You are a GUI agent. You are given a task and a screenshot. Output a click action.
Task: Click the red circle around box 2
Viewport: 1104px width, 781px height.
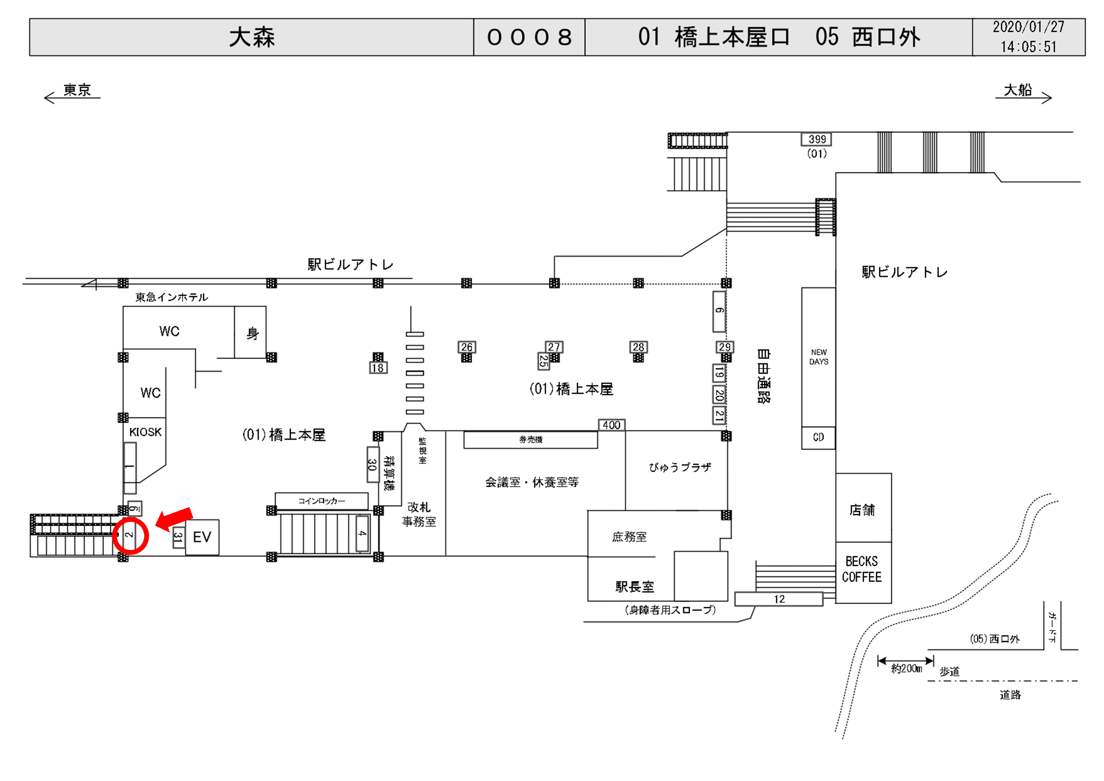(130, 536)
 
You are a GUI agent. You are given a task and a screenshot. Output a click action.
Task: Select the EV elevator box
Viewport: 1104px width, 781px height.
(202, 537)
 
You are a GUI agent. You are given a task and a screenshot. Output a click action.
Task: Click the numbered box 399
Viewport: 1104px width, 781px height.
(816, 140)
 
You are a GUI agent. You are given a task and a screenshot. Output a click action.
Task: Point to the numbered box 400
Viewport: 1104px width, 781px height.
(611, 425)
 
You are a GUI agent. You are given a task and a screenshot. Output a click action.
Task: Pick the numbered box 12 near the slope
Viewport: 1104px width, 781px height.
(779, 599)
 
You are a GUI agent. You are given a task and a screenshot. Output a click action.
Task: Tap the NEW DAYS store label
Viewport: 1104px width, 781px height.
(818, 357)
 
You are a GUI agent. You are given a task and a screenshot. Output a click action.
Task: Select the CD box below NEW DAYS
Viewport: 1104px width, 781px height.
(818, 438)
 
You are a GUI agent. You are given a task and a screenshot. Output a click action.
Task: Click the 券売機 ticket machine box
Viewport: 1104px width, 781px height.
(530, 440)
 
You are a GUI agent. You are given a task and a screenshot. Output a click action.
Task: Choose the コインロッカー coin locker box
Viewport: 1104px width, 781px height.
(321, 501)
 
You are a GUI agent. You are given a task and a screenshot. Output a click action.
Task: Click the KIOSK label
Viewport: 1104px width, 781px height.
(145, 432)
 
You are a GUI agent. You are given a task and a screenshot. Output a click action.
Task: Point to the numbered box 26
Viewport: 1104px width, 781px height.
(467, 347)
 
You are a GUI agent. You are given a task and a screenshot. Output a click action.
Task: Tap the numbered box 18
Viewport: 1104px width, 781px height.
(378, 368)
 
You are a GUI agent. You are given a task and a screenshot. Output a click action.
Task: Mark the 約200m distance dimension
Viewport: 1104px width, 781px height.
(906, 666)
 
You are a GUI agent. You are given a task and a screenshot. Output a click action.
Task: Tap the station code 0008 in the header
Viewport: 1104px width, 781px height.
(529, 37)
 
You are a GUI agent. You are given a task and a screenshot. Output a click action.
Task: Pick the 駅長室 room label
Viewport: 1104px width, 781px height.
(635, 587)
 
